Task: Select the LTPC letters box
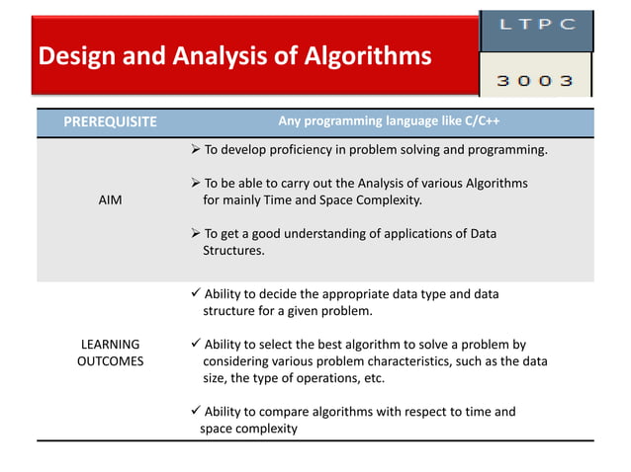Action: (x=537, y=27)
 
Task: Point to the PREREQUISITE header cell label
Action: (x=110, y=122)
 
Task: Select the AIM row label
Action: (x=110, y=199)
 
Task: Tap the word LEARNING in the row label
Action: (x=110, y=345)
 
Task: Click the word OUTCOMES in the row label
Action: (x=110, y=361)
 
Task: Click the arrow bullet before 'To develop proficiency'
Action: (x=195, y=150)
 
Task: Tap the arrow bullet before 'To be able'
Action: (x=195, y=184)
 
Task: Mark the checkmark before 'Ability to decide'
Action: (x=195, y=294)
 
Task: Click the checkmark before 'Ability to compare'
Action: (x=195, y=412)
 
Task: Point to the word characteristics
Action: (x=401, y=361)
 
